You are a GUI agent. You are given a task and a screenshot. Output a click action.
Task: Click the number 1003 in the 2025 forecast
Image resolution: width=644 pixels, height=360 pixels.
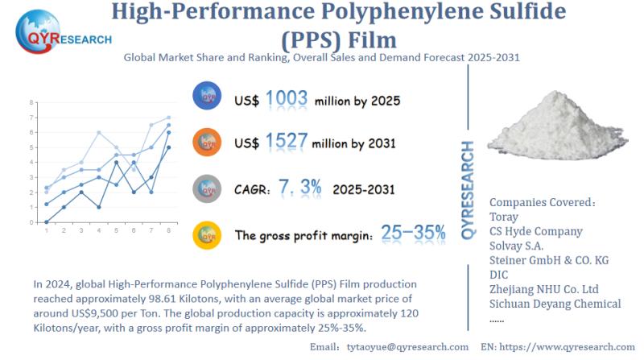(287, 100)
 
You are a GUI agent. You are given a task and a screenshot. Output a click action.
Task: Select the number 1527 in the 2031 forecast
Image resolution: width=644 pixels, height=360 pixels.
(287, 143)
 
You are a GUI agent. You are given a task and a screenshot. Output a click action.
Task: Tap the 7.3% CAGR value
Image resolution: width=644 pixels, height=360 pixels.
(307, 188)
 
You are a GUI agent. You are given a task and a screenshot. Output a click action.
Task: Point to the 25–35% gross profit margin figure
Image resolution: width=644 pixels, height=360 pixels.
(413, 234)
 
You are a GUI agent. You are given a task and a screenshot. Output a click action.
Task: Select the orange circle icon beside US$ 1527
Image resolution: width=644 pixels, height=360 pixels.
(207, 143)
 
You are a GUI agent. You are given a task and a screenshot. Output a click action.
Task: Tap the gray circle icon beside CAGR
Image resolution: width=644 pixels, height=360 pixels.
(207, 188)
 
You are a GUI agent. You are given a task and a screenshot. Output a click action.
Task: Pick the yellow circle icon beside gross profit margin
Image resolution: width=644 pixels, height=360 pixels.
(207, 234)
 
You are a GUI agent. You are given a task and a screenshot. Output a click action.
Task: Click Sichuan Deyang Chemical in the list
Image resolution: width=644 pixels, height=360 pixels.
(555, 304)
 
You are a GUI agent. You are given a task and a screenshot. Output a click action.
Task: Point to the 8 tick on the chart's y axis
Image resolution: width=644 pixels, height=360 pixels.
(31, 103)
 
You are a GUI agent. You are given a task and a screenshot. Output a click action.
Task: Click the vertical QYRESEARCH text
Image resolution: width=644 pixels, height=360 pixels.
(468, 190)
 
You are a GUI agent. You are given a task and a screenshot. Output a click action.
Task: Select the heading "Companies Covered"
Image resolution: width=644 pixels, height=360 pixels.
(540, 201)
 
